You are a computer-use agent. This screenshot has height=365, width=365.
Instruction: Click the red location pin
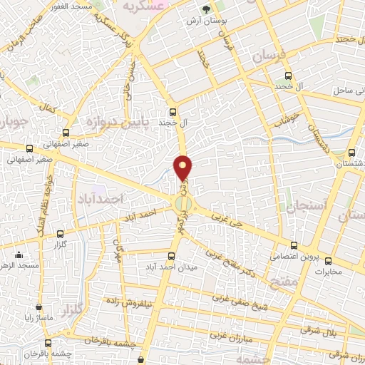tap(184, 168)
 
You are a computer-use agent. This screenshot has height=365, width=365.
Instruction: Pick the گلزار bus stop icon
tap(60, 233)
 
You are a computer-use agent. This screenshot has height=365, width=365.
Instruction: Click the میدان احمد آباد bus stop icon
tap(170, 256)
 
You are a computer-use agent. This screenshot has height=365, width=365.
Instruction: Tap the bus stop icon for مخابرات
tap(329, 260)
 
